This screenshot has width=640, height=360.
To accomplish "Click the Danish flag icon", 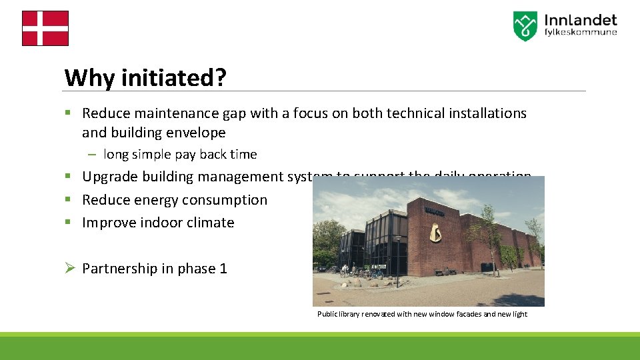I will coord(45,28).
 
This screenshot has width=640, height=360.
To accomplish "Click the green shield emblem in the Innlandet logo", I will coord(525,26).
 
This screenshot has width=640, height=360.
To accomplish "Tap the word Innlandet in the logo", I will coord(580,21).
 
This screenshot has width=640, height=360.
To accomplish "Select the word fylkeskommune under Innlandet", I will coord(580,33).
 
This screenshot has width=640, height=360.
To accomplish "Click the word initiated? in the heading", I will coord(173,78).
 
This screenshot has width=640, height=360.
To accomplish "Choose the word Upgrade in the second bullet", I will coord(109,177).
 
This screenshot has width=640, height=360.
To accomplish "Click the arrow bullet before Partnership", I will coord(69,269).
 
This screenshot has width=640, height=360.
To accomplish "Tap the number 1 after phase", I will coord(223,269).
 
